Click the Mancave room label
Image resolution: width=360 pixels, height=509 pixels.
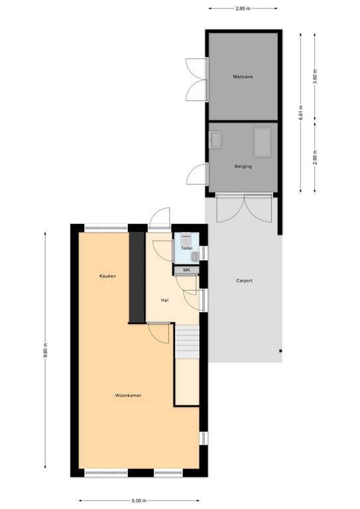[243, 77]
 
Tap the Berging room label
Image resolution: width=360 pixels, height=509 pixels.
[243, 166]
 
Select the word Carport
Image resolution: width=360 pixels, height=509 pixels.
[244, 281]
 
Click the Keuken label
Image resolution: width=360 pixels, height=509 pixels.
[107, 276]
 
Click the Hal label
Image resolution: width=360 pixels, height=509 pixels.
[165, 300]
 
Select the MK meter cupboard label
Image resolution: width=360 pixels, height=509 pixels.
[186, 270]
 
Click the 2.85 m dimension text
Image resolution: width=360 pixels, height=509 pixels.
[243, 9]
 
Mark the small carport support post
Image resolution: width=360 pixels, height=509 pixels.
[280, 351]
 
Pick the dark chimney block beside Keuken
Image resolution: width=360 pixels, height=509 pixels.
[137, 277]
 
